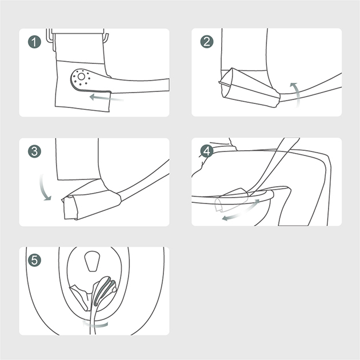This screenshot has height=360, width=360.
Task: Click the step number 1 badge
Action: [34, 42]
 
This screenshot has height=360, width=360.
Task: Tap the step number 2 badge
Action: [207, 42]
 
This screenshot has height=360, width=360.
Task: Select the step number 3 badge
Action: [34, 151]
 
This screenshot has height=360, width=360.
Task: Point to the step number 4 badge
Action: [207, 151]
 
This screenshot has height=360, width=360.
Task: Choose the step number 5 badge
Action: [34, 261]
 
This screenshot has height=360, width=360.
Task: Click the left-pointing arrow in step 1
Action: [106, 98]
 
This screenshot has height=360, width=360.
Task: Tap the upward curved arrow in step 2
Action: [297, 94]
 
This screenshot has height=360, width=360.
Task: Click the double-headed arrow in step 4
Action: [241, 211]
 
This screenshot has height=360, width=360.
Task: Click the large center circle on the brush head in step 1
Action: [81, 77]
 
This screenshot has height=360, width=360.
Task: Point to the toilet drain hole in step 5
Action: [92, 261]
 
